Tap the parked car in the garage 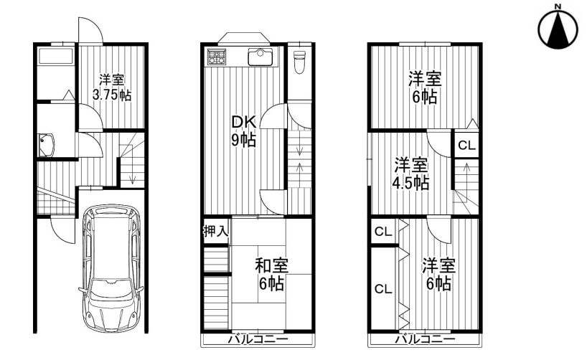tap(111, 267)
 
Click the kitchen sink tap(260, 57)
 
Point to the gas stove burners tap(217, 57)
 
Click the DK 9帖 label tap(244, 131)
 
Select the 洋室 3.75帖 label tap(111, 87)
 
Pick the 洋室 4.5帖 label tap(410, 174)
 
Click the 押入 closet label tap(215, 231)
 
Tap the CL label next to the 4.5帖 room tap(466, 145)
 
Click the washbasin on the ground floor tap(47, 145)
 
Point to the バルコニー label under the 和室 tap(258, 339)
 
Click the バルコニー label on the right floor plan tap(426, 339)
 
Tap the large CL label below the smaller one tap(383, 289)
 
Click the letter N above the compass tap(558, 6)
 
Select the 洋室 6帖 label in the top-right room tap(425, 87)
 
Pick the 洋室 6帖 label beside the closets tap(438, 275)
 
